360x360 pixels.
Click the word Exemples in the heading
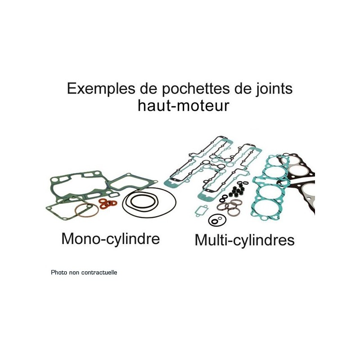pos(101,88)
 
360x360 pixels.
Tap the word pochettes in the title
pos(196,89)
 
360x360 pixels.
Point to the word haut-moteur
pos(184,106)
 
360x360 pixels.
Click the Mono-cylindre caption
pos(111,239)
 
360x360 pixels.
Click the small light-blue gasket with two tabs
pos(201,211)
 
